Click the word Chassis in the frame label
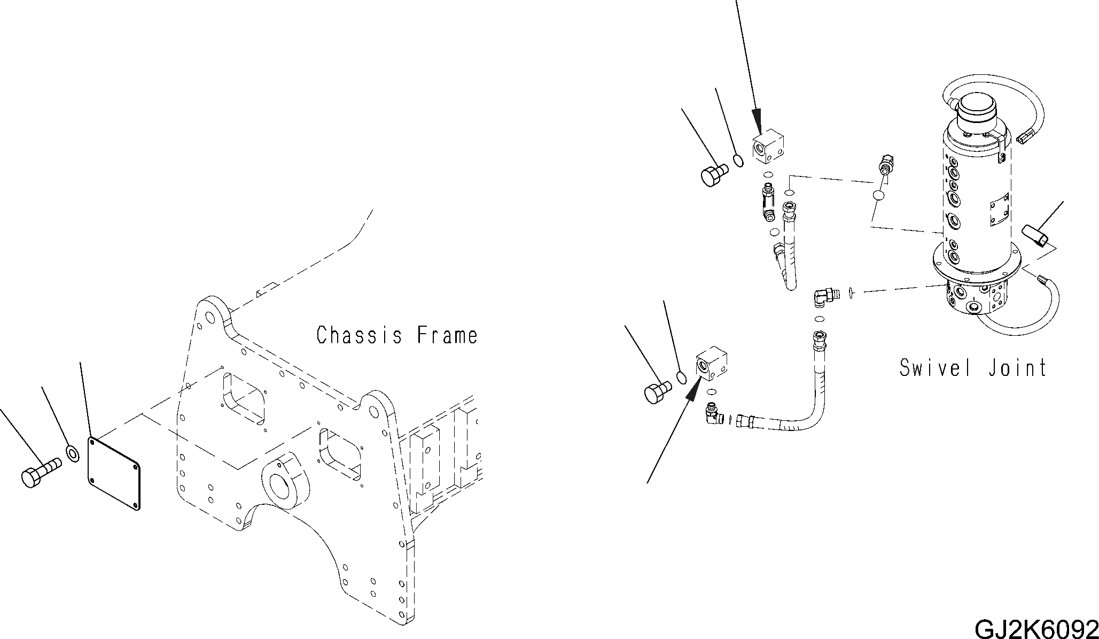tap(360, 335)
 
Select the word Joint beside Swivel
tap(1017, 368)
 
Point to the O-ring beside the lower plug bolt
tap(681, 377)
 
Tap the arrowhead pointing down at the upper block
tap(756, 119)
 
